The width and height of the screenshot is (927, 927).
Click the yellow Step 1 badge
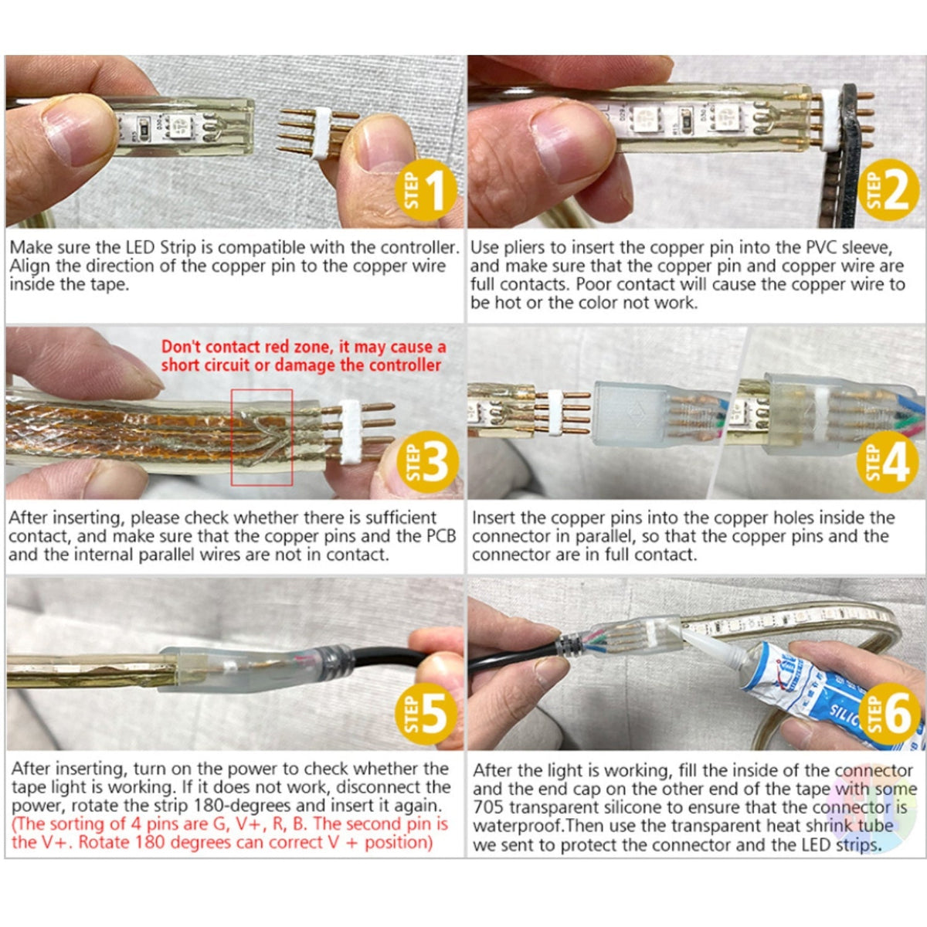pos(425,190)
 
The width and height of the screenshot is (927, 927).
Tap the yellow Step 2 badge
pos(888,190)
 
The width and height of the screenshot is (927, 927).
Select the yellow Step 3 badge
pos(427,462)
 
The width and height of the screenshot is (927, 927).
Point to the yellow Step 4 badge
pos(888,462)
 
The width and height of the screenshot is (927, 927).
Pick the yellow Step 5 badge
pos(426,714)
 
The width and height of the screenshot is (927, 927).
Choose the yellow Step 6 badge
pos(888,714)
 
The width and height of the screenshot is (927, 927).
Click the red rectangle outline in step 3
pos(232,437)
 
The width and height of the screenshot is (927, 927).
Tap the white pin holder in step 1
pos(321,133)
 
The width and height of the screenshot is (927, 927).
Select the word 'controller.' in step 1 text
pos(419,248)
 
